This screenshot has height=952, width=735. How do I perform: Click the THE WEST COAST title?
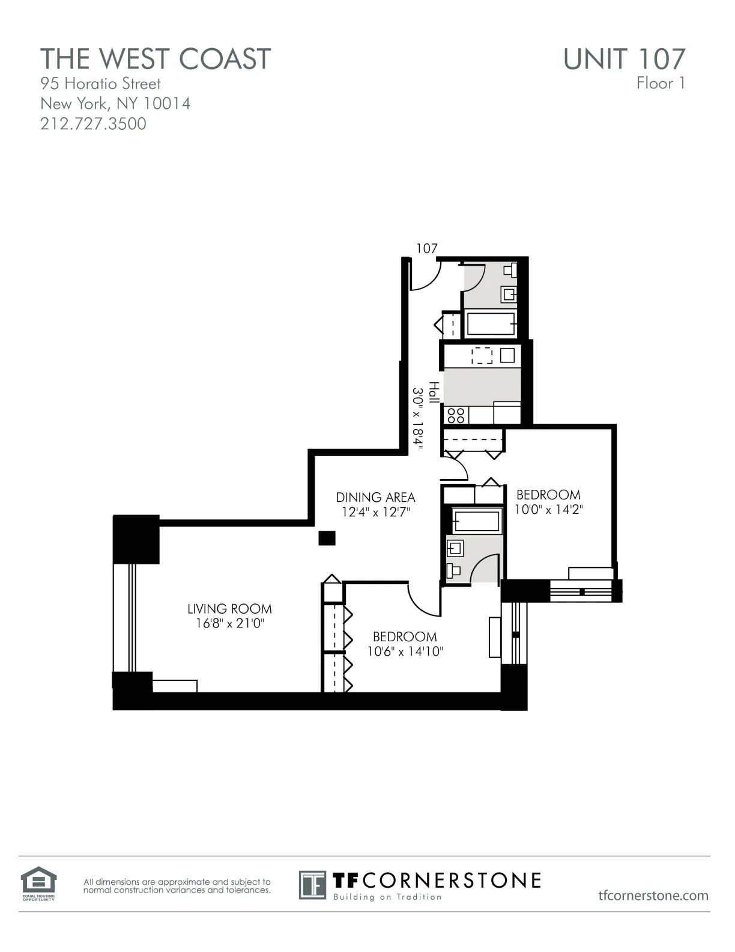click(156, 59)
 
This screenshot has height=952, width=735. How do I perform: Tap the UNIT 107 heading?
click(624, 59)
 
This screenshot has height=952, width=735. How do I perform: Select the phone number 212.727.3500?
click(93, 124)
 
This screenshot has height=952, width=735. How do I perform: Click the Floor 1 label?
click(661, 84)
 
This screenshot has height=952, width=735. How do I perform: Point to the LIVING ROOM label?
click(229, 609)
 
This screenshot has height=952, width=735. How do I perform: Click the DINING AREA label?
click(375, 497)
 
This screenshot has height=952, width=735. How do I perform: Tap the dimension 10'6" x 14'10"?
click(405, 651)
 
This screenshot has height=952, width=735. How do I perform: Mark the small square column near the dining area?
click(327, 538)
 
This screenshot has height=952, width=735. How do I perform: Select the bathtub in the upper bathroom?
click(491, 325)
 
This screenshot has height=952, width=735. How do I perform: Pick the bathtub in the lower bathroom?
click(476, 521)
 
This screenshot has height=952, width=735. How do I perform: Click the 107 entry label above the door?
click(427, 248)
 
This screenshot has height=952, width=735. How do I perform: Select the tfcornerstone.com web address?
click(653, 896)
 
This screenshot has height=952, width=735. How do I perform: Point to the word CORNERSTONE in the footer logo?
click(452, 880)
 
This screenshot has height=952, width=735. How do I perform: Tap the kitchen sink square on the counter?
click(507, 355)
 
